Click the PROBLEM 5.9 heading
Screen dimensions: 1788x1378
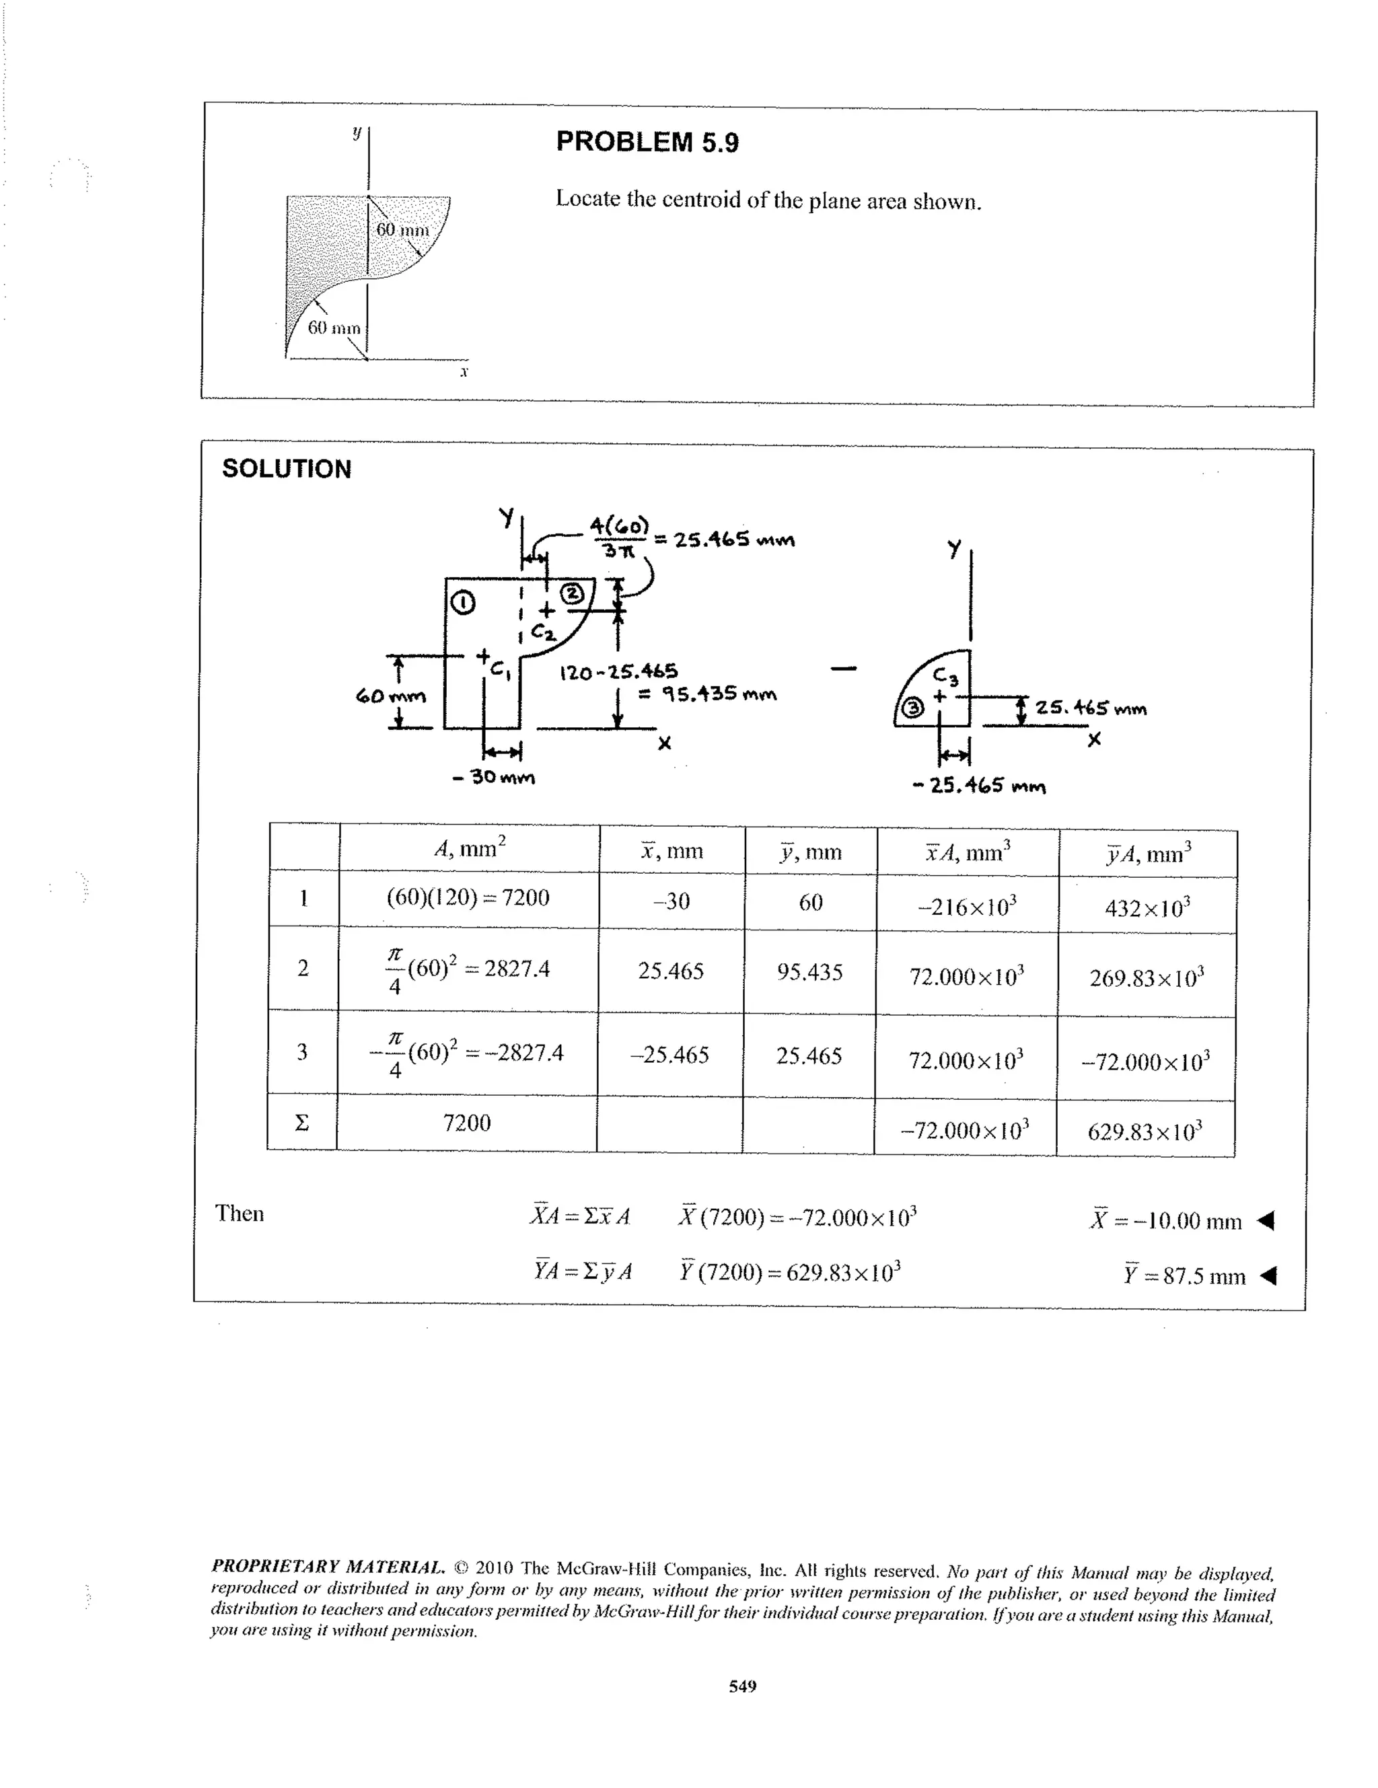tap(647, 143)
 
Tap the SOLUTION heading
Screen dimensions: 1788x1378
tap(287, 469)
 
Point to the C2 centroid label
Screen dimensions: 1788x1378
tap(543, 632)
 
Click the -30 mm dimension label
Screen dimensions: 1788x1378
tap(494, 777)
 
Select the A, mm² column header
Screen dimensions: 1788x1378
tap(470, 848)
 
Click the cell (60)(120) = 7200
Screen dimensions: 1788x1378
tap(468, 898)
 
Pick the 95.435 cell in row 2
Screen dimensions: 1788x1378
tap(809, 972)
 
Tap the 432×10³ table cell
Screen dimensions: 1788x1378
tap(1147, 907)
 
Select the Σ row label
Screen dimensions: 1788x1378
tap(302, 1123)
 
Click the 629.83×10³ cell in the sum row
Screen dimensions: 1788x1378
tap(1145, 1131)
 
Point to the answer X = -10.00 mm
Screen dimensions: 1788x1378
tap(1166, 1221)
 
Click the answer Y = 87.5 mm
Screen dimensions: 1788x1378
tap(1184, 1275)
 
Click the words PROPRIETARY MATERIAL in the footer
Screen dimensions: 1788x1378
tap(328, 1566)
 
